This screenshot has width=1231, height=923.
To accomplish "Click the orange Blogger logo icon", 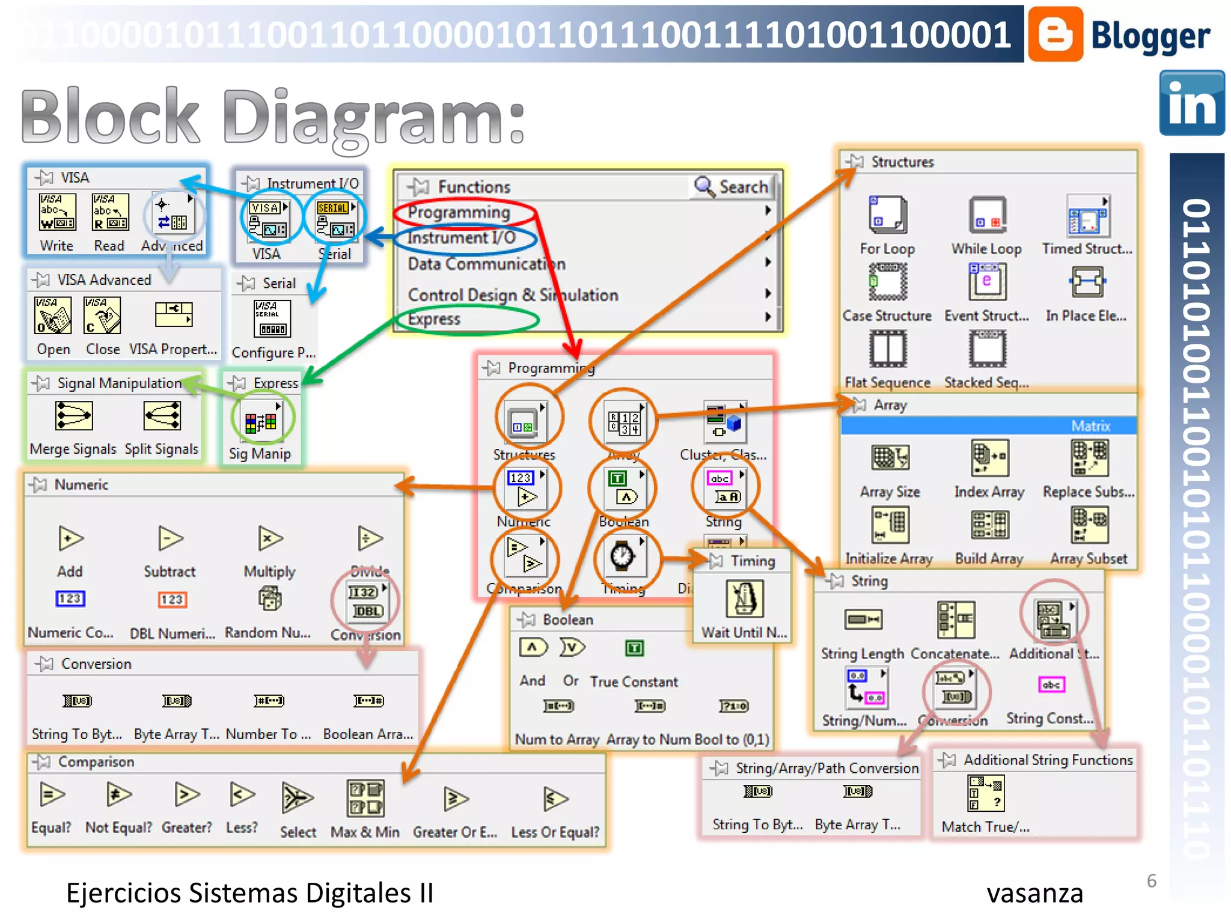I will click(1055, 34).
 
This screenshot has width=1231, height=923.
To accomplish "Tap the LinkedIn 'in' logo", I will click(1191, 103).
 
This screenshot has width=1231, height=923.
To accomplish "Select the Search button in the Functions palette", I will click(732, 187).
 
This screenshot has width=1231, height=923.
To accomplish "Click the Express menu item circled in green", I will click(434, 319).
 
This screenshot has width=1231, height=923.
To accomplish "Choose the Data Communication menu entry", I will click(486, 264).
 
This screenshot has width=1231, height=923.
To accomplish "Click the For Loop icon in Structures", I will click(887, 215).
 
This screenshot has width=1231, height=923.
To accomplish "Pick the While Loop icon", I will click(986, 215).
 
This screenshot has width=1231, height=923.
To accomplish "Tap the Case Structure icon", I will click(887, 281).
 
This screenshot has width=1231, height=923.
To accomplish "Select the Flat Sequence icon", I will click(887, 349).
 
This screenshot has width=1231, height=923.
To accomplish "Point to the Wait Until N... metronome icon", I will click(744, 599).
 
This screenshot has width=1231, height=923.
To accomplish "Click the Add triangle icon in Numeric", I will click(70, 538).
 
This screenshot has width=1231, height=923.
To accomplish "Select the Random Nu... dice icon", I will click(269, 599).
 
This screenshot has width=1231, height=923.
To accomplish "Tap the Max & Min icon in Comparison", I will click(365, 798).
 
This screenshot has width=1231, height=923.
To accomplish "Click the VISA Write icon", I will click(57, 212).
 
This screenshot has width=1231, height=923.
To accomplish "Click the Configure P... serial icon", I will click(272, 318).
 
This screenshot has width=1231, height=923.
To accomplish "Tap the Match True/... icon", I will click(985, 793).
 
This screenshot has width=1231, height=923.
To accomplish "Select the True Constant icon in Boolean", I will click(634, 648).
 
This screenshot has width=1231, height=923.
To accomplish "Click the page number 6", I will click(1151, 881).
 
